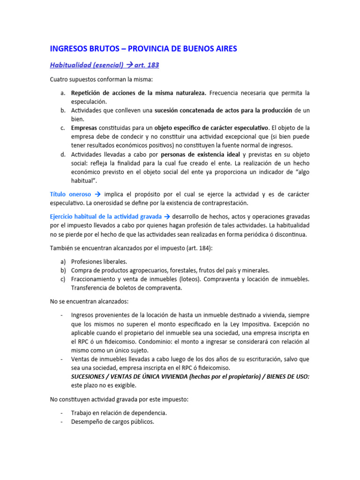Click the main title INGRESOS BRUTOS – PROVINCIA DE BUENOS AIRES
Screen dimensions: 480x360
click(x=143, y=48)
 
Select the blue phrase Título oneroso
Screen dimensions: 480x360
click(x=70, y=194)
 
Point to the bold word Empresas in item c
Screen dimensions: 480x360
click(x=84, y=127)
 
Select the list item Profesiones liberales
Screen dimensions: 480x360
click(x=99, y=261)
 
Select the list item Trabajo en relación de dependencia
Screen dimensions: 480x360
click(x=119, y=412)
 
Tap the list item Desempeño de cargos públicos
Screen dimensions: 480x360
click(x=112, y=421)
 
